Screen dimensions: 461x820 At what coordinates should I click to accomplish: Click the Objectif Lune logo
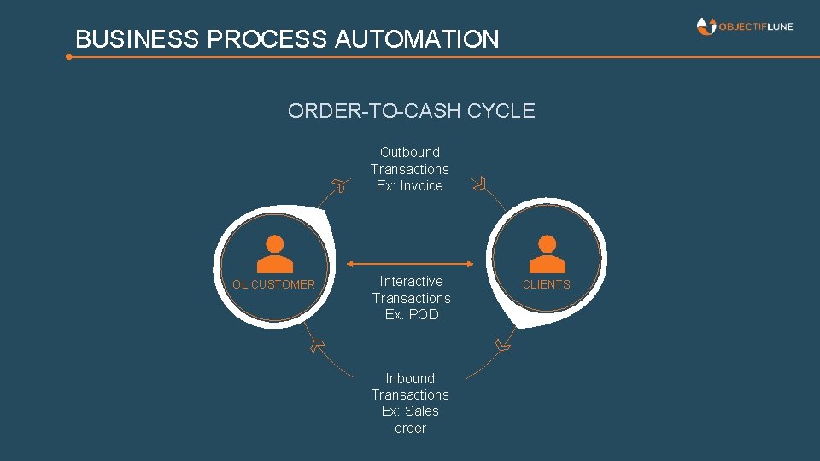pyautogui.click(x=744, y=26)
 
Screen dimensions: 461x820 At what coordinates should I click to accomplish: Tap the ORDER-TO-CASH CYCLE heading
pyautogui.click(x=411, y=111)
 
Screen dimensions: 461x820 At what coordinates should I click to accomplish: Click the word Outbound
pyautogui.click(x=410, y=153)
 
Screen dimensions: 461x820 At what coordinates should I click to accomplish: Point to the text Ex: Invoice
pyautogui.click(x=410, y=185)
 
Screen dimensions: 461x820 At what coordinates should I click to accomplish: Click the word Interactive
pyautogui.click(x=411, y=281)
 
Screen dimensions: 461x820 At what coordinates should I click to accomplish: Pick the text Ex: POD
pyautogui.click(x=411, y=314)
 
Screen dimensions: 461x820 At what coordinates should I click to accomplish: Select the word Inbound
pyautogui.click(x=410, y=378)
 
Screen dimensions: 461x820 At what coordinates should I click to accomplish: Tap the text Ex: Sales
pyautogui.click(x=410, y=411)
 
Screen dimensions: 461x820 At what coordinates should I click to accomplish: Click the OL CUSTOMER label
pyautogui.click(x=274, y=284)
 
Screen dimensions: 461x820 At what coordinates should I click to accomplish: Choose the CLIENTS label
pyautogui.click(x=546, y=284)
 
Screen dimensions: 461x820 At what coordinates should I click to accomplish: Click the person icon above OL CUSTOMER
pyautogui.click(x=274, y=254)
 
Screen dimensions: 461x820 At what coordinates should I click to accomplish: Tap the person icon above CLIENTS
pyautogui.click(x=547, y=254)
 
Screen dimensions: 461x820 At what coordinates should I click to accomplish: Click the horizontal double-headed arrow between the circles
pyautogui.click(x=411, y=264)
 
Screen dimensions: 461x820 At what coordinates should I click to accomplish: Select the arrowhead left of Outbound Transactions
pyautogui.click(x=341, y=184)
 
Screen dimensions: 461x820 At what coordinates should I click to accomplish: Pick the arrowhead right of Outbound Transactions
pyautogui.click(x=480, y=183)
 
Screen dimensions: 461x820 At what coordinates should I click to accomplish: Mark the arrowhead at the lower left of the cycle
pyautogui.click(x=318, y=345)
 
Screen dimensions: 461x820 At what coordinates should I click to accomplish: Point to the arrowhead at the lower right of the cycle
pyautogui.click(x=504, y=345)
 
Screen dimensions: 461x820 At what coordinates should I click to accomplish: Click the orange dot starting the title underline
pyautogui.click(x=69, y=57)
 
